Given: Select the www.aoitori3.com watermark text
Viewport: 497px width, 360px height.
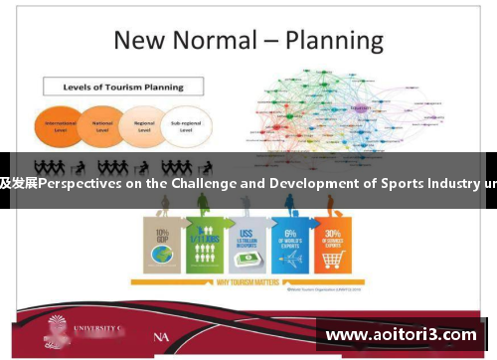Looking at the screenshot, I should pyautogui.click(x=401, y=334).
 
